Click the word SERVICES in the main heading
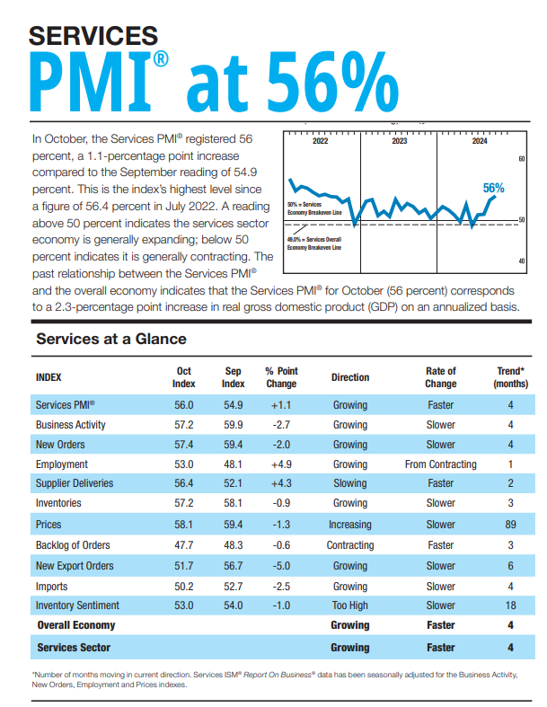point(94,36)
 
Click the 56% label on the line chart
point(493,188)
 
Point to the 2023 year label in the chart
point(399,142)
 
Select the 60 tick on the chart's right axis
point(521,159)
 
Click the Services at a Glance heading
point(111,339)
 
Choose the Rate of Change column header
point(440,376)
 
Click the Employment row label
point(62,464)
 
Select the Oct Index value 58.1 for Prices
point(183,525)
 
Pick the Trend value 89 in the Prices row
point(510,525)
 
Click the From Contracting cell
point(440,464)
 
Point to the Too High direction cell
point(349,605)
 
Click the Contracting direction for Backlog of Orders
point(349,545)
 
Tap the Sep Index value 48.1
point(234,464)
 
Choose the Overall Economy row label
point(75,625)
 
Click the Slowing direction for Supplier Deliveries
point(349,484)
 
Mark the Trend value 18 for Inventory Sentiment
point(510,605)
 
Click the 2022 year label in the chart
point(320,142)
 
